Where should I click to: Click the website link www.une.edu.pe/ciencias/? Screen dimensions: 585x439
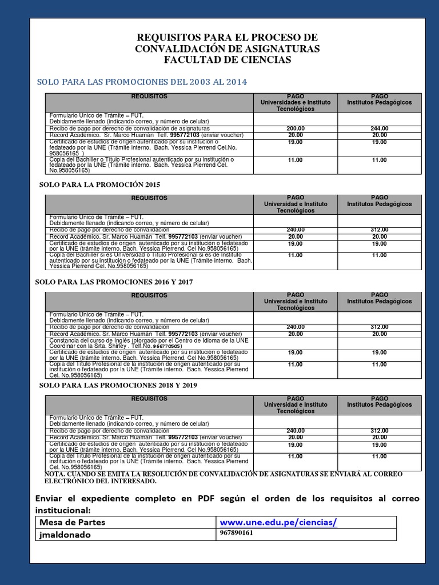coord(278,522)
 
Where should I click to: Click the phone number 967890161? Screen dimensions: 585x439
coord(236,533)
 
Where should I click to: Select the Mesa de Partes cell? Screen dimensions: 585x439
coord(73,522)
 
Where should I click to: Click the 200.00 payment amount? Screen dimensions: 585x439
coord(295,129)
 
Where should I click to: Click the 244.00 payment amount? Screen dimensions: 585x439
coord(379,129)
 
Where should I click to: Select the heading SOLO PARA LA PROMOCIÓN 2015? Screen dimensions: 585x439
coord(99,185)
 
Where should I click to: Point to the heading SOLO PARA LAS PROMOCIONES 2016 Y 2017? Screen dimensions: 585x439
coord(114,282)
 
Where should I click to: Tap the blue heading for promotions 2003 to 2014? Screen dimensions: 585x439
coord(142,82)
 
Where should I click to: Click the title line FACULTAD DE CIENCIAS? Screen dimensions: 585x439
coord(227,60)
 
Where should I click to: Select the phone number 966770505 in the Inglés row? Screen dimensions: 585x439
coord(164,346)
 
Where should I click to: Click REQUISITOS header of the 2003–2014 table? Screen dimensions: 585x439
coord(149,97)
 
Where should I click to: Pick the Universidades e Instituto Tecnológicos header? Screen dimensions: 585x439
coord(295,102)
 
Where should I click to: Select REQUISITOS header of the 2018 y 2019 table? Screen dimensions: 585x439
coord(149,398)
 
